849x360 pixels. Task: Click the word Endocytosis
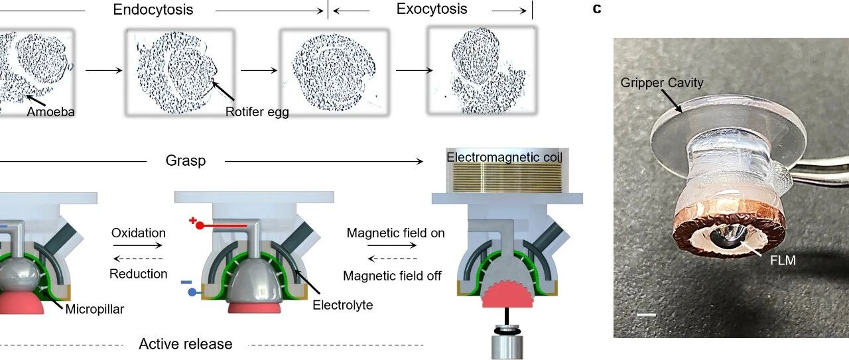click(153, 9)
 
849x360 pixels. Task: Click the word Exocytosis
click(432, 9)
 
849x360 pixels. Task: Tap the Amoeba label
click(51, 112)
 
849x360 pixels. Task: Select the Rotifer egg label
click(257, 112)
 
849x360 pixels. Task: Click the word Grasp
click(186, 160)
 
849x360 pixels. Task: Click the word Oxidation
click(138, 233)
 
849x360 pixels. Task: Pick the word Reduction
click(138, 274)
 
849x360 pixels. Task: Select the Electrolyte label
click(343, 305)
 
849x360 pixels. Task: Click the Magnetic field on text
click(396, 233)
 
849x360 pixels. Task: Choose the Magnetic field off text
click(392, 275)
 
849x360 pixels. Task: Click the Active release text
click(186, 344)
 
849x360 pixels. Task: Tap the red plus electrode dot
click(199, 225)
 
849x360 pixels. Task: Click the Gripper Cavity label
click(662, 83)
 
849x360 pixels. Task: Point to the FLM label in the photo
click(782, 261)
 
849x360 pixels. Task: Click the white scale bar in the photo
click(646, 314)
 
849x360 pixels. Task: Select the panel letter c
click(598, 9)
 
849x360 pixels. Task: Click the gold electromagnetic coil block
click(507, 178)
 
